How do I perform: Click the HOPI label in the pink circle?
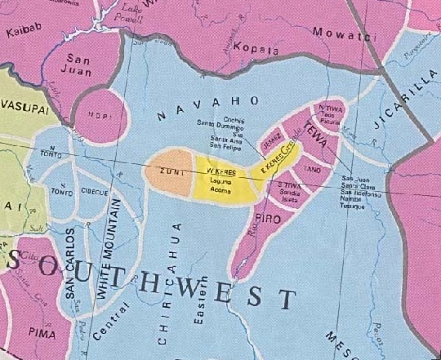(x=97, y=115)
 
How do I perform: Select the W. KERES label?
(x=221, y=171)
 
